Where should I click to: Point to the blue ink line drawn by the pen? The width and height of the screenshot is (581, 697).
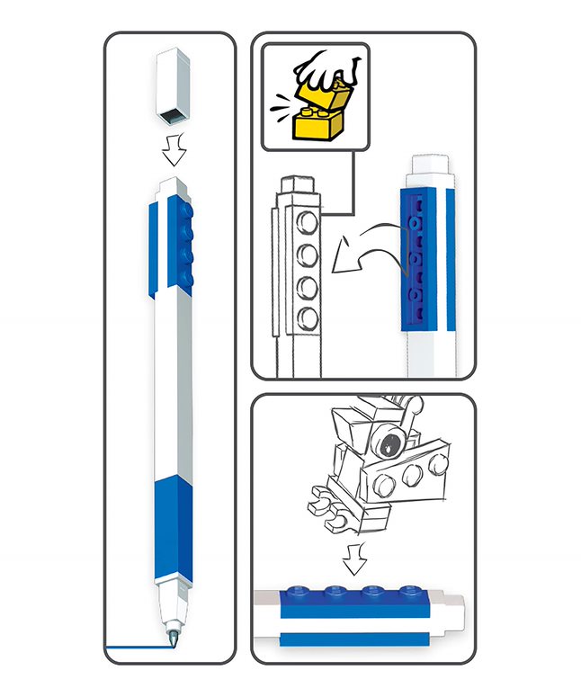click(135, 648)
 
